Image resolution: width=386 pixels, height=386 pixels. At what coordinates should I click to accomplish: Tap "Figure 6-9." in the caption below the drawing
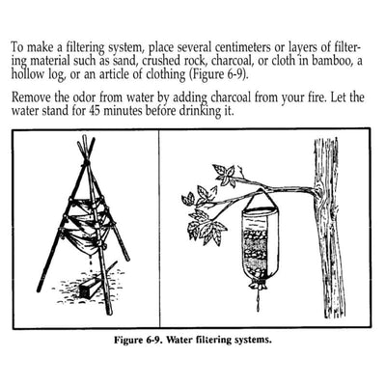[139, 340]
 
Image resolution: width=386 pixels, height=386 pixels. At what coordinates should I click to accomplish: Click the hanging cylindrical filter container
[260, 241]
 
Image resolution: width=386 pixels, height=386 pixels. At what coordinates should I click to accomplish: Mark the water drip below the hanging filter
[258, 299]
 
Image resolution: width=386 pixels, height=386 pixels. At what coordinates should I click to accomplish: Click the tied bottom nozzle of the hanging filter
[258, 283]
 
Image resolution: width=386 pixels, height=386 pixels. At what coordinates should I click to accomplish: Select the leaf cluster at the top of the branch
[224, 176]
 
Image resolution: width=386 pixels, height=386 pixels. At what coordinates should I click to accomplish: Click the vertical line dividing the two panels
[159, 229]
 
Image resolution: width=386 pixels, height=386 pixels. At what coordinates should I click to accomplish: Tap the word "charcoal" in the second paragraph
[231, 96]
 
